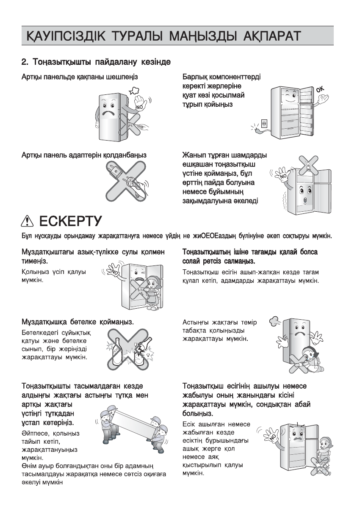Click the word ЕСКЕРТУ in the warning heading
[x=70, y=221]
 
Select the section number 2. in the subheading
[x=25, y=62]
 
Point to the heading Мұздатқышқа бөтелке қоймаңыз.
[x=78, y=322]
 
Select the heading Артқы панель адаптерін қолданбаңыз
[x=84, y=155]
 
